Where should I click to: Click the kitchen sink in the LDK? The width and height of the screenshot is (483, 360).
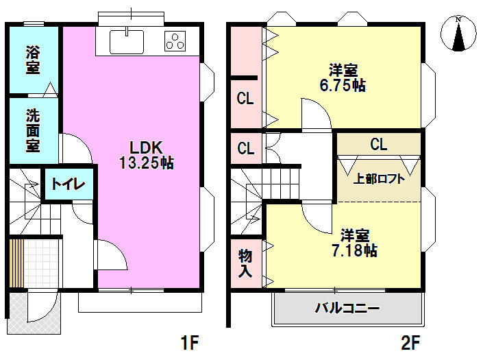127,41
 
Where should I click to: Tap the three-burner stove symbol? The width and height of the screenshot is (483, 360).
175,41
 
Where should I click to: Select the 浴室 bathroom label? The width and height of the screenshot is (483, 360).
33,60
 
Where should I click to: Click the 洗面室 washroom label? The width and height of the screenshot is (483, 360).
33,130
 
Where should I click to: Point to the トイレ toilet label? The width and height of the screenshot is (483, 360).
68,184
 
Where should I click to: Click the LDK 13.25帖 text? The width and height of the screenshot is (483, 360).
147,155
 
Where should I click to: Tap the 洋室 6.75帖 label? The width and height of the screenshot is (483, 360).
343,77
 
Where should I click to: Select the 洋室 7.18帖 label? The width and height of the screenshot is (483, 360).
354,243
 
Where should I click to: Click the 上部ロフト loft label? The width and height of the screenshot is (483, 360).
379,179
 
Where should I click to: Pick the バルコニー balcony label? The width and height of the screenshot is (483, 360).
347,308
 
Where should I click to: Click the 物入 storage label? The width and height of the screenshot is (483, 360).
245,263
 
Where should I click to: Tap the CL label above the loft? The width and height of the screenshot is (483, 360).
379,144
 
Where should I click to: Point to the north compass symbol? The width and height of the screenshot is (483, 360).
458,33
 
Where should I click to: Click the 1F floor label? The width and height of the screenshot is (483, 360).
190,342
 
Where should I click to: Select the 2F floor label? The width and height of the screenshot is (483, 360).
410,342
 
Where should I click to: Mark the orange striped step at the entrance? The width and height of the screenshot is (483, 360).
16,263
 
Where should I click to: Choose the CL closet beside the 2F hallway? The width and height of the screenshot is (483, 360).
246,148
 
